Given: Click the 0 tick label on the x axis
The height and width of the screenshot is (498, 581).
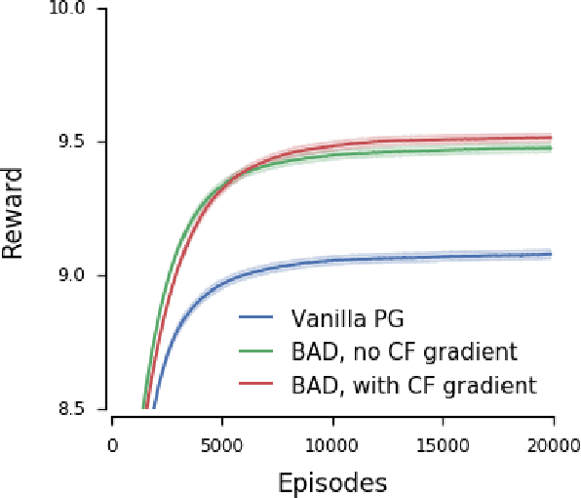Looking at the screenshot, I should tap(112, 445).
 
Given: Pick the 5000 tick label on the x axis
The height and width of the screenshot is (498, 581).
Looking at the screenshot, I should tap(222, 445).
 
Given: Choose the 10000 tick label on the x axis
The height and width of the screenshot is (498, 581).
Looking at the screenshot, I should tap(332, 445).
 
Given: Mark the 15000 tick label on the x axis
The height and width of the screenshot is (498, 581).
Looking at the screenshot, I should tap(443, 445).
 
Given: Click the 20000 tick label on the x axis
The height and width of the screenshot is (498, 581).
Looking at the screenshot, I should tap(553, 445).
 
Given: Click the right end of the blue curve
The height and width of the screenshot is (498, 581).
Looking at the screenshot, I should tap(552, 254).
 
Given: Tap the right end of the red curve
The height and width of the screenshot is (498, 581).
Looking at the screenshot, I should tap(552, 138).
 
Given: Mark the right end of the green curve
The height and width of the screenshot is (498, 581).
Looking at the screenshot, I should tap(552, 148).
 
